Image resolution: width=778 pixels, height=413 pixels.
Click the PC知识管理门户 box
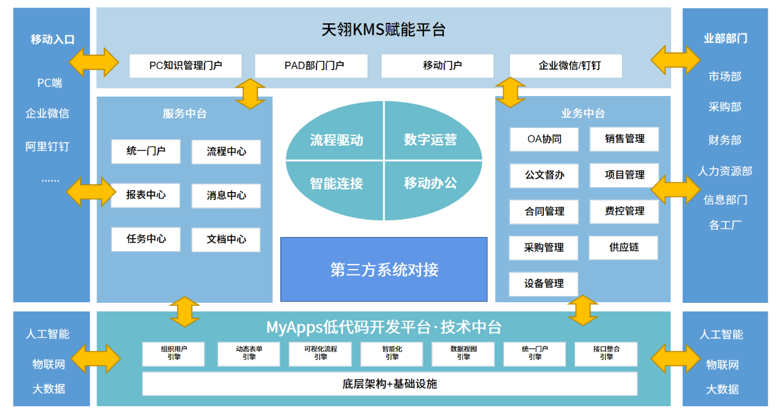click(x=185, y=66)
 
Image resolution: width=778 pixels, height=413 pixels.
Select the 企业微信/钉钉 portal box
click(x=565, y=66)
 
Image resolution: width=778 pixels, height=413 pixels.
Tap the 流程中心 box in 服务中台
click(x=226, y=152)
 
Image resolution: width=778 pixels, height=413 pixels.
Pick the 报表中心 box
click(x=146, y=196)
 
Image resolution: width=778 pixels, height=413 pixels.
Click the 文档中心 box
click(x=226, y=240)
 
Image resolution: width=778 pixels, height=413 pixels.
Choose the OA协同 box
click(x=544, y=139)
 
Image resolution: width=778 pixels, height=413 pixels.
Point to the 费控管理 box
click(x=624, y=211)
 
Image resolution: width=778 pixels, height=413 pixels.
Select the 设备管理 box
click(x=543, y=284)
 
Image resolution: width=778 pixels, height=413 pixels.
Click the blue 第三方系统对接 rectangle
click(x=383, y=269)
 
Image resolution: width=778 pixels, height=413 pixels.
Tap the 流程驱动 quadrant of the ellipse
click(x=336, y=140)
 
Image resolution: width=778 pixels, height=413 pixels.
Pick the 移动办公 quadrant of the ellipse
click(x=430, y=183)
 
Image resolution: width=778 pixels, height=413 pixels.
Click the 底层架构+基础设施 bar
click(x=390, y=383)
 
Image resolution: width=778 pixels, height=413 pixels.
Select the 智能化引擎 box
click(x=392, y=353)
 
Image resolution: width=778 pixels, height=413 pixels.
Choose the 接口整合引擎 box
click(x=606, y=353)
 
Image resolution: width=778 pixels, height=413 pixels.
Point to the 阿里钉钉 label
click(x=47, y=146)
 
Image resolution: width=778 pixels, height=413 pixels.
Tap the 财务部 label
click(x=725, y=140)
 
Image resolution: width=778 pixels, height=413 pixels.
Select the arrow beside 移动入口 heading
click(x=94, y=61)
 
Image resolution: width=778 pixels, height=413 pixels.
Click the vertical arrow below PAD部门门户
click(x=250, y=94)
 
